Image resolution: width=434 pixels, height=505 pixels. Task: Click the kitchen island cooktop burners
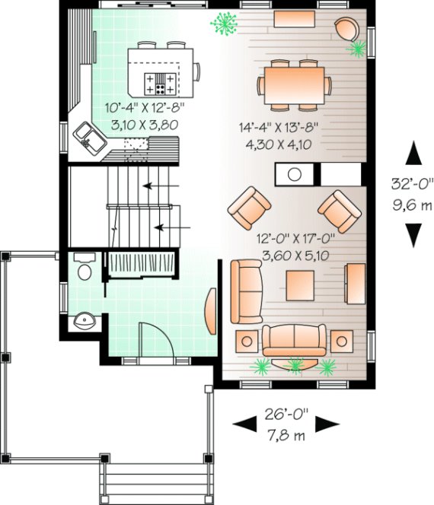coord(166,80)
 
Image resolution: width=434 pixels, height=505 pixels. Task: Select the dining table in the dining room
coord(293,81)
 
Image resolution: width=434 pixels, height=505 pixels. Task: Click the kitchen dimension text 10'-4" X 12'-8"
coord(147,108)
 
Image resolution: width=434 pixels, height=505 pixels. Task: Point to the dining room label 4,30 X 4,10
coord(278,144)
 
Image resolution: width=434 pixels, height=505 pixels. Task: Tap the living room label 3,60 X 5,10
coord(292,256)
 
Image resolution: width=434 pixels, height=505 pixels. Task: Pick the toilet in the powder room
coord(85,269)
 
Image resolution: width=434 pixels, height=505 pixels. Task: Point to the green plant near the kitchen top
coord(225,24)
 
